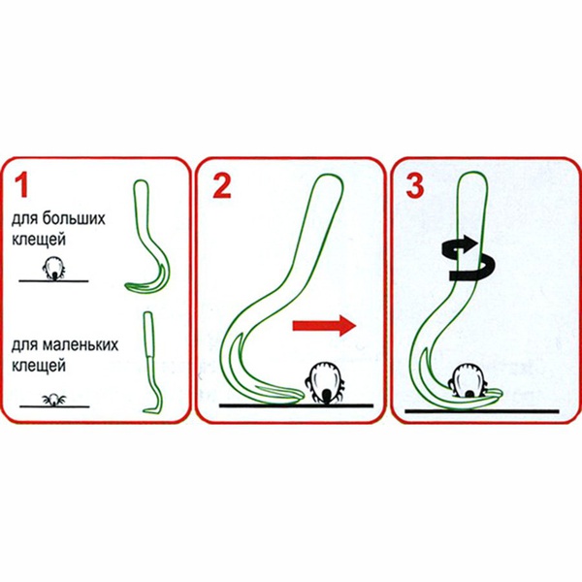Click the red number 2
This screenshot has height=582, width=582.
pyautogui.click(x=222, y=185)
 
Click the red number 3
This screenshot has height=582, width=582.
pyautogui.click(x=415, y=185)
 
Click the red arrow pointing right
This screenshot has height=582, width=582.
pyautogui.click(x=324, y=328)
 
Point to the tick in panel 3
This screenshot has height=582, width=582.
pyautogui.click(x=469, y=379)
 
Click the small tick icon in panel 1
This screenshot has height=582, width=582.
pyautogui.click(x=53, y=399)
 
